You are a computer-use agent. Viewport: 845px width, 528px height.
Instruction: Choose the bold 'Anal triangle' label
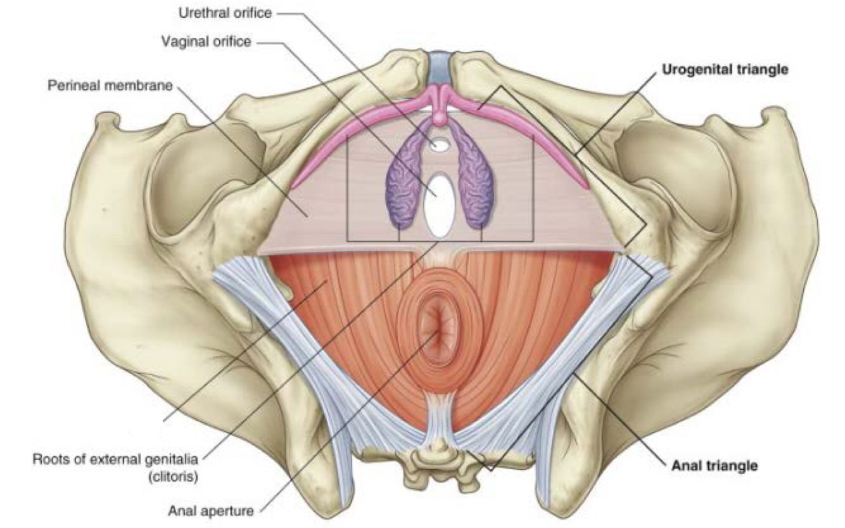tap(715, 466)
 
